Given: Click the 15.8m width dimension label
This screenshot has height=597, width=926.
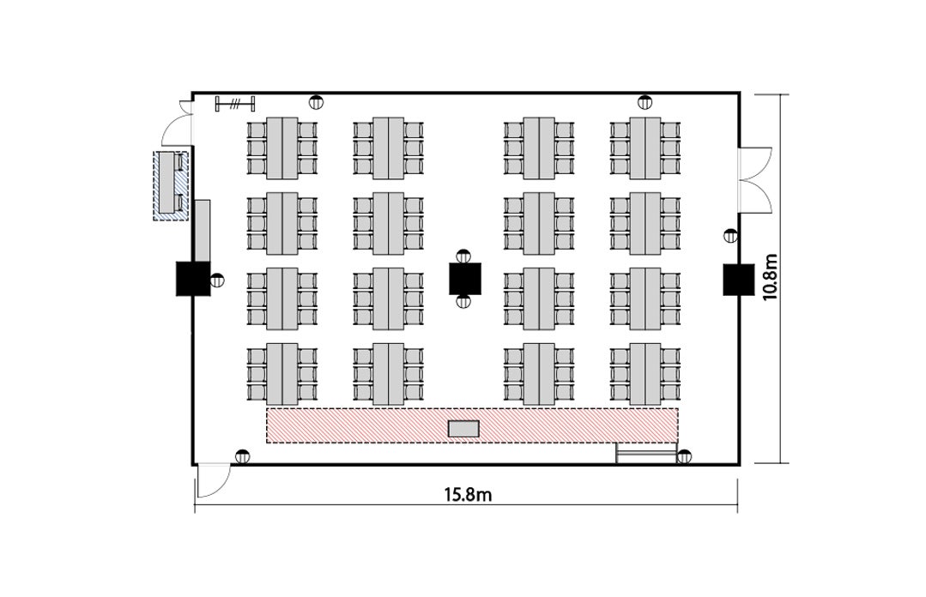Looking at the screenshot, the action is (468, 494).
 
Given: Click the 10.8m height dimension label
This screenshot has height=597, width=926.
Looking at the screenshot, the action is (770, 278).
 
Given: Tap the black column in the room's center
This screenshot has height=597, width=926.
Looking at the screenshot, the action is (465, 279).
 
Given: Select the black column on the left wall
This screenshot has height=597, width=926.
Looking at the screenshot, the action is (193, 278).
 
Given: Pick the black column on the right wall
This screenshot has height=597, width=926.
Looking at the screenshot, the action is (739, 279).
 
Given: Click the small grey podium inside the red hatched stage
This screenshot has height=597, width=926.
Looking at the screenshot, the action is (463, 428).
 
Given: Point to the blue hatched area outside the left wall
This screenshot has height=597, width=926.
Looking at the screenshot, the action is (171, 186).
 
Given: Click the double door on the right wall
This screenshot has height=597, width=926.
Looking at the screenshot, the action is (754, 179).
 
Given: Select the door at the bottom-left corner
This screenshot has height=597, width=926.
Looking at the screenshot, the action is (212, 481).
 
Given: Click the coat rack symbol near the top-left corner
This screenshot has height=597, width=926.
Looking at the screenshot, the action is (235, 103).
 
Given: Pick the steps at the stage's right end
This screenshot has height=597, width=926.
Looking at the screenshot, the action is (646, 453).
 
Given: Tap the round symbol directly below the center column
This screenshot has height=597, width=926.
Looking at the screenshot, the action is (463, 301).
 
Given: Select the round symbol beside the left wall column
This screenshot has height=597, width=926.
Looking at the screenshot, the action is (217, 280).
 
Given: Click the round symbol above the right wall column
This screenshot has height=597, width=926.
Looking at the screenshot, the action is (730, 236).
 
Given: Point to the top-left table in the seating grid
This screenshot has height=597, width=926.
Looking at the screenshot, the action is (282, 148).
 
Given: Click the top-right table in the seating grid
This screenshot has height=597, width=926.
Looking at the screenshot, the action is (645, 148).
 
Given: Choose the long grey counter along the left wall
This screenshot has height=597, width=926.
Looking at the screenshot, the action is (203, 230).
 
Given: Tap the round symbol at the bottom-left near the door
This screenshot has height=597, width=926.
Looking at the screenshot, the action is (242, 455).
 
